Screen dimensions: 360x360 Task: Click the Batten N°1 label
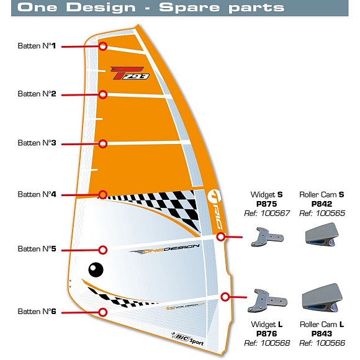(x=37, y=46)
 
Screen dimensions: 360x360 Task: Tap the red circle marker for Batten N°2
(x=103, y=94)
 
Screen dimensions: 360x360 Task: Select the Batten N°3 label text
(x=37, y=143)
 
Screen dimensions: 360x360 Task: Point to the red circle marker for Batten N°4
(x=103, y=195)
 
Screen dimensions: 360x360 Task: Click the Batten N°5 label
(x=37, y=249)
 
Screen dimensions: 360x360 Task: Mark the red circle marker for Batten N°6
(x=103, y=312)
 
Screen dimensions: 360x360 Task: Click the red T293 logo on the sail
(x=130, y=73)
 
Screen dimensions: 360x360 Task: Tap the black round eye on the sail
(x=96, y=270)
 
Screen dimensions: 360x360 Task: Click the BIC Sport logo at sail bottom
(x=187, y=339)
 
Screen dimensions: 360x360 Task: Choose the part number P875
(x=266, y=204)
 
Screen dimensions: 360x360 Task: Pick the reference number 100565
(x=330, y=214)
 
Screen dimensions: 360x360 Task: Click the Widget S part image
(x=268, y=237)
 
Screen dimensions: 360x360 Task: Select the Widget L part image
(x=268, y=301)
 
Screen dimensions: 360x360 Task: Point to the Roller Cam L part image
(x=322, y=298)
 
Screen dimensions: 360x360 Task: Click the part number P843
(x=322, y=333)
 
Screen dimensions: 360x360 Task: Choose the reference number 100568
(x=275, y=343)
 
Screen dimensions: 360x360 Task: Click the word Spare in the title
(x=190, y=7)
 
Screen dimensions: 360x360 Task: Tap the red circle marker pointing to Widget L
(x=225, y=297)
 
